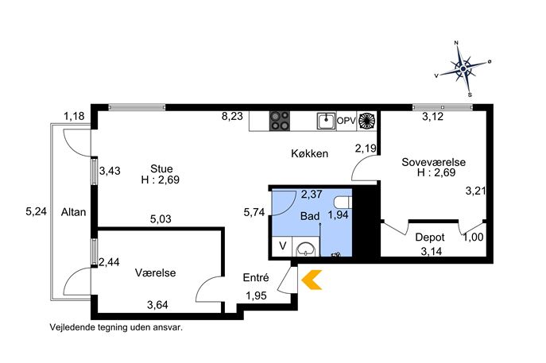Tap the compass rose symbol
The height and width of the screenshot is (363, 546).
(x=463, y=69)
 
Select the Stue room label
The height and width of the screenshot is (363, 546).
(x=161, y=168)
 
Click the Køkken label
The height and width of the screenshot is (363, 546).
(x=308, y=154)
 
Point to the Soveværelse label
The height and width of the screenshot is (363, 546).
(x=433, y=162)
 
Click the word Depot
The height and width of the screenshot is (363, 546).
(x=429, y=237)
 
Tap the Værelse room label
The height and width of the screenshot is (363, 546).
(x=155, y=272)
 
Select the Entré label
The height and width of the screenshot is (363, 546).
(x=256, y=279)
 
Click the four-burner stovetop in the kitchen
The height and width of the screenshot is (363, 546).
(x=281, y=121)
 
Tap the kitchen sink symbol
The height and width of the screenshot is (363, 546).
(x=326, y=121)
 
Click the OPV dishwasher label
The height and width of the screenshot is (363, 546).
(x=347, y=121)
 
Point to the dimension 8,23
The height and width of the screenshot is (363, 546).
(x=232, y=116)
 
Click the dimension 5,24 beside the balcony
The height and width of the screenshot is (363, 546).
(x=36, y=211)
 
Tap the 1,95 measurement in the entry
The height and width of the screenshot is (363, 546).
(x=256, y=296)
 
